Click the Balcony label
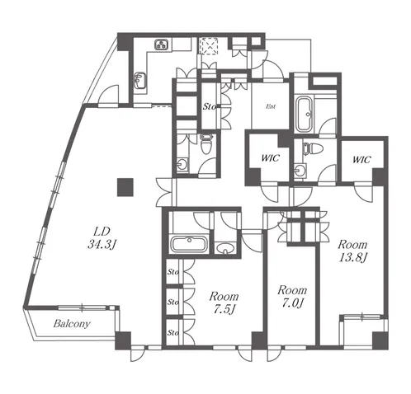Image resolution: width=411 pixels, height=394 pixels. (72, 324)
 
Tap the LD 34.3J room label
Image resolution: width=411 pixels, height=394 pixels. (102, 238)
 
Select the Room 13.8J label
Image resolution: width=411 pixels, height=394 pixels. (352, 251)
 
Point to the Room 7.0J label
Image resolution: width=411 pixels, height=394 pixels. (292, 297)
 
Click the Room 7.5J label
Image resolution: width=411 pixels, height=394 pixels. (224, 303)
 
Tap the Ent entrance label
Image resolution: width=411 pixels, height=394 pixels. (271, 106)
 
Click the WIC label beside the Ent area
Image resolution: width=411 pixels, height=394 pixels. (270, 158)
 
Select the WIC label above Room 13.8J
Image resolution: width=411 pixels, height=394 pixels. (361, 160)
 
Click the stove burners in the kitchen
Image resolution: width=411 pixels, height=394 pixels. (162, 45)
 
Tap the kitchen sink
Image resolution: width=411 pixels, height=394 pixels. (140, 80)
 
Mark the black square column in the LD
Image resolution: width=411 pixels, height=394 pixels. (125, 187)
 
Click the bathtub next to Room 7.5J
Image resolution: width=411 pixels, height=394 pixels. (189, 244)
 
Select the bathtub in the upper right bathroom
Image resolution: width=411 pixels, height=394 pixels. (304, 114)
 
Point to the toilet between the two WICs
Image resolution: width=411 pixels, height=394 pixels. (313, 148)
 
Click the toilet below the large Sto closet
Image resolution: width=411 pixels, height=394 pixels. (205, 143)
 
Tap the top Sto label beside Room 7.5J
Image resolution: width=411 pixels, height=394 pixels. (173, 272)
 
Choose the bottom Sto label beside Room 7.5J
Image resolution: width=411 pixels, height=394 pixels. (173, 333)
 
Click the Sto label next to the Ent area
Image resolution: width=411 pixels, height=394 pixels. (210, 106)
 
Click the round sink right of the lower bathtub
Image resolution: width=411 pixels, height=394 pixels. (225, 249)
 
